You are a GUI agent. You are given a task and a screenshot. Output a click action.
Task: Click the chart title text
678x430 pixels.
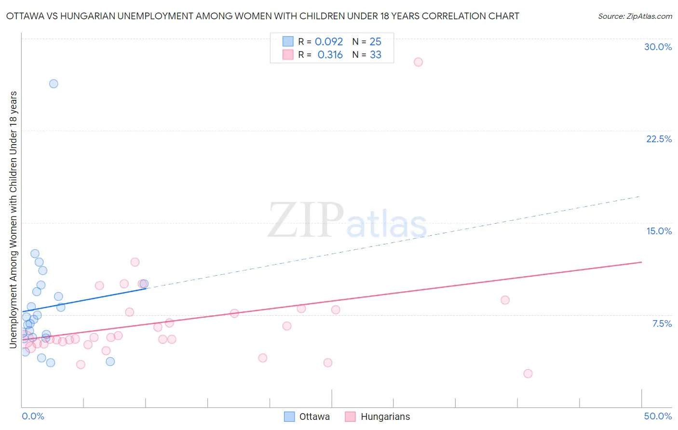point(263,16)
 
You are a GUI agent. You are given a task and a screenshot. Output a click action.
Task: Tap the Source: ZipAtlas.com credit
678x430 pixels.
point(635,16)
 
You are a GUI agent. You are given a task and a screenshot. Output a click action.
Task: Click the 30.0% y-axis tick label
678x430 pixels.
point(658,47)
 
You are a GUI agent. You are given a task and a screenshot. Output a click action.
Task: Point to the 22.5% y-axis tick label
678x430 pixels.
point(659,139)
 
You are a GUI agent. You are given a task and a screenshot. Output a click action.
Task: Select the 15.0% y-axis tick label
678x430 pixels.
point(659,231)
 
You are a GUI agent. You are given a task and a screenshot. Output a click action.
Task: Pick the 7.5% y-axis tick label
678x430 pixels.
point(662,323)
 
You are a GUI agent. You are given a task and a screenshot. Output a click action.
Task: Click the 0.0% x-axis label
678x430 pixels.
point(33,416)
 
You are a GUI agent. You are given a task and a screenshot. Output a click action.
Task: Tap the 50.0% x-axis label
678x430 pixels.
point(658,416)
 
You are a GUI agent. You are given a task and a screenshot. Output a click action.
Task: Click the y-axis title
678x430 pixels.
point(13,219)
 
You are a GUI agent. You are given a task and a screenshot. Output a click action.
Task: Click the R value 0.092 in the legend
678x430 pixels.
point(329,42)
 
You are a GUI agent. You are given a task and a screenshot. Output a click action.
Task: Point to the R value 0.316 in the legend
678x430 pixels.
point(330,55)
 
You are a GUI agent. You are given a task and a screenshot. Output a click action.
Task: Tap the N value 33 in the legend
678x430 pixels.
point(376,55)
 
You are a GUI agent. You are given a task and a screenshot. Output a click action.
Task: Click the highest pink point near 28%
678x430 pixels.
point(418,62)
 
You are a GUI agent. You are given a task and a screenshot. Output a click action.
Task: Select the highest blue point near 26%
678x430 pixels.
point(54,84)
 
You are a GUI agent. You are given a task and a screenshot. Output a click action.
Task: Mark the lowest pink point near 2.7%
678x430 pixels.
point(528,374)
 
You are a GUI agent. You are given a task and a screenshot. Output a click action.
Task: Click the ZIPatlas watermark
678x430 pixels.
point(347,221)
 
